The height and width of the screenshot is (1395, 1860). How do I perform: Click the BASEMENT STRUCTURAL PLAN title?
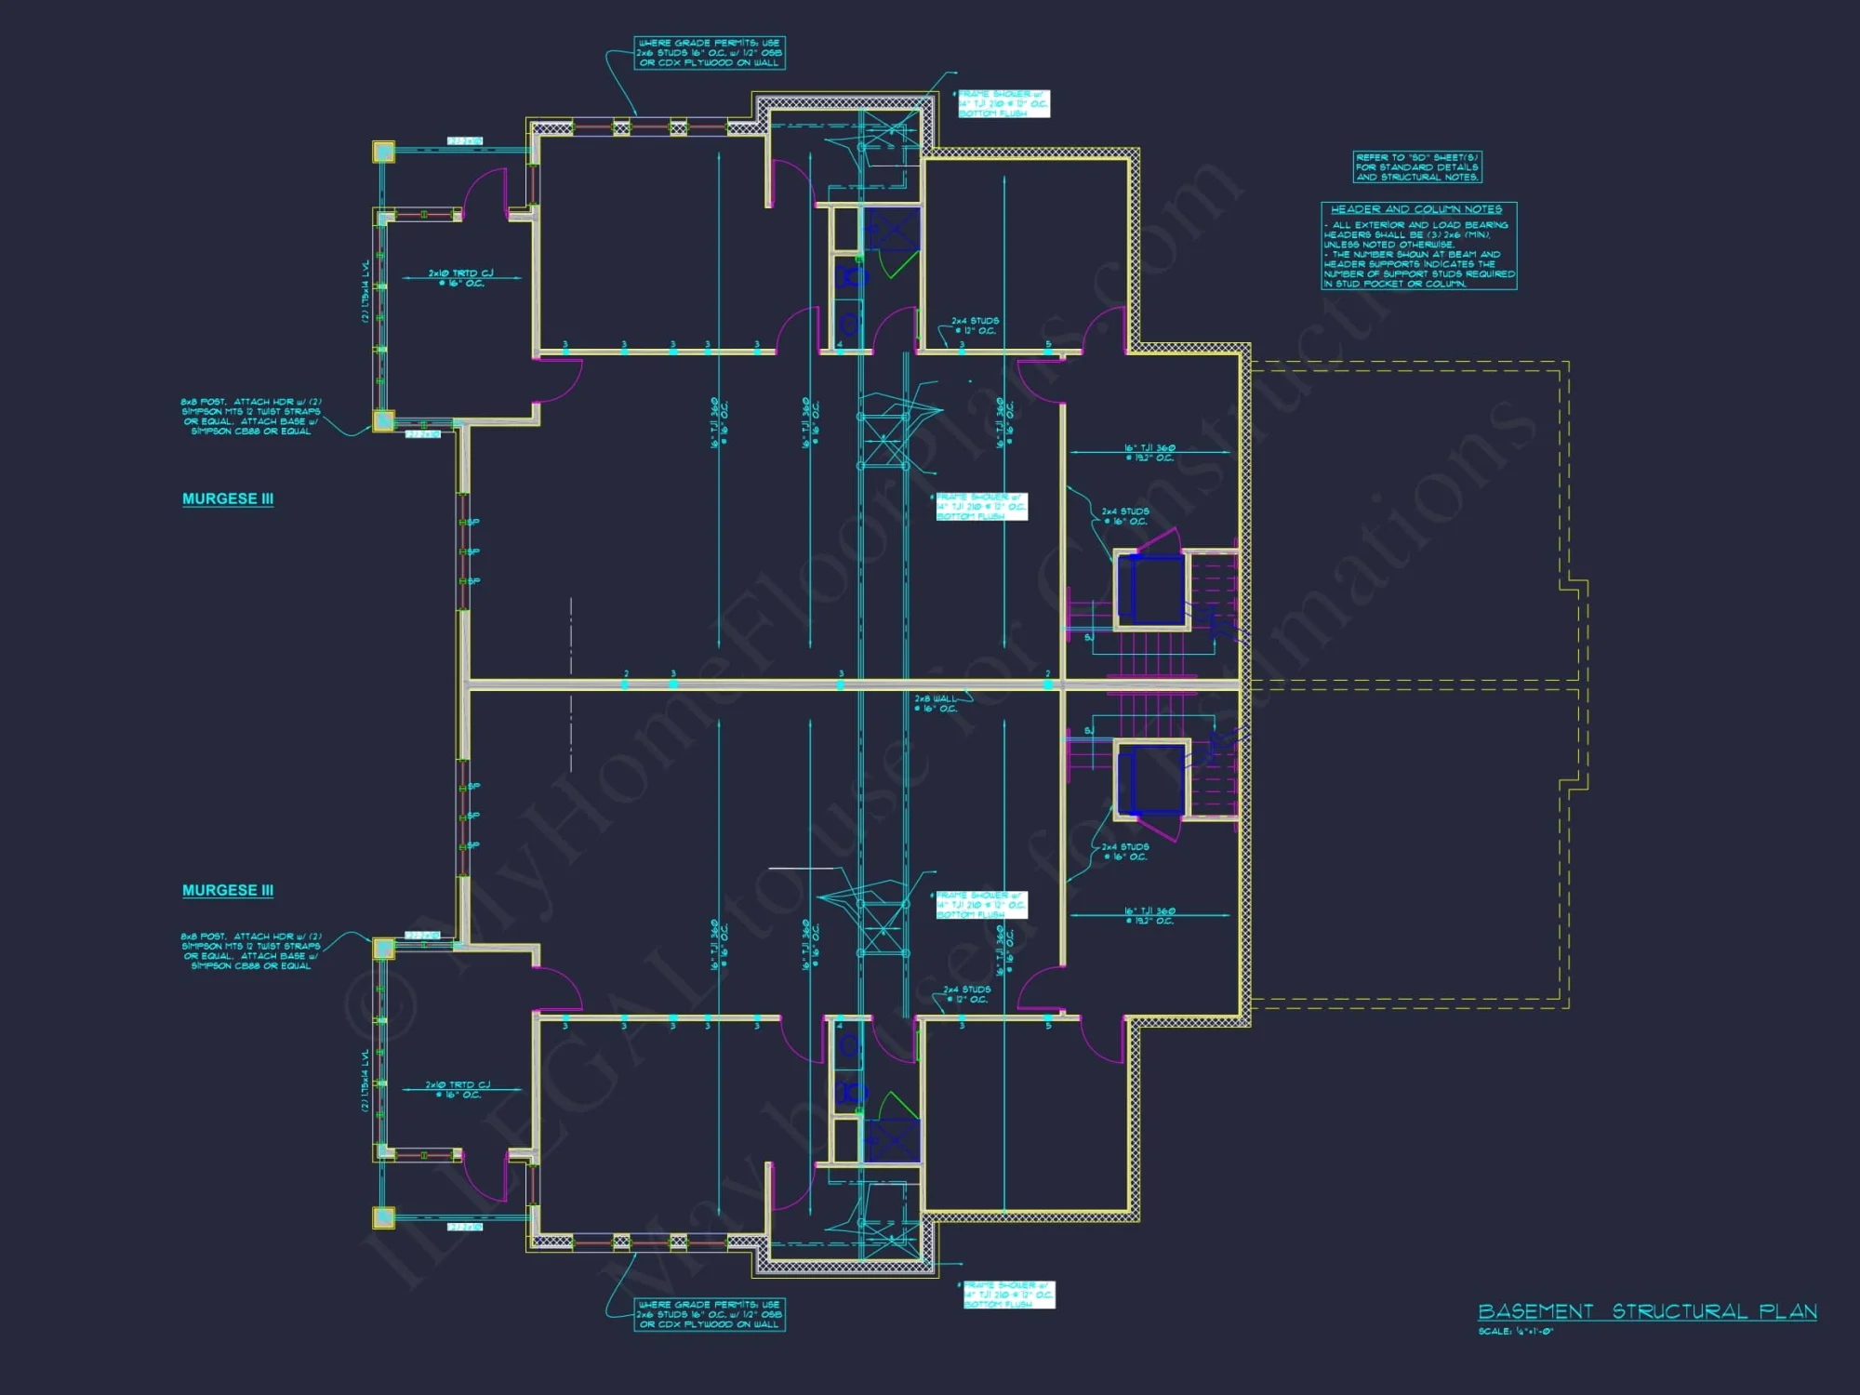tap(1646, 1311)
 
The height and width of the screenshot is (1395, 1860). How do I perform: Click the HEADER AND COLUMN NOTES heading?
tap(1415, 209)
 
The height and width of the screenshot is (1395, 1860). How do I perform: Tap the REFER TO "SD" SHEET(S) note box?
tap(1416, 167)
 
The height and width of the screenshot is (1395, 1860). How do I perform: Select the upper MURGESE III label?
tap(228, 498)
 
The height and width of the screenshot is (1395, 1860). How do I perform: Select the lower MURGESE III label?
tap(228, 890)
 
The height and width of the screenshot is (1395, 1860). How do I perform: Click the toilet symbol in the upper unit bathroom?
tap(849, 276)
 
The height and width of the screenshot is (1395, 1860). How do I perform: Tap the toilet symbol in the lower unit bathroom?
tap(849, 1093)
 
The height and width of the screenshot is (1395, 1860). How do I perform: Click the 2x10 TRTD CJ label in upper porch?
tap(460, 277)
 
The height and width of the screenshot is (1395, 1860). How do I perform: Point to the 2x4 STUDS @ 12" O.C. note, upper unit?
tap(975, 325)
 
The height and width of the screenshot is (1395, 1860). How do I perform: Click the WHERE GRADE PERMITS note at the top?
tap(709, 53)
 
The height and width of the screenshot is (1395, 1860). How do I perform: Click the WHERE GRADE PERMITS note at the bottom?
tap(709, 1314)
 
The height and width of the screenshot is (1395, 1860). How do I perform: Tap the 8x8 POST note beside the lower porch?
tap(251, 950)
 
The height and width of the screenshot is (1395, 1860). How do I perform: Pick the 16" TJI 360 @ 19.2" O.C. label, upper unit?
tap(1149, 452)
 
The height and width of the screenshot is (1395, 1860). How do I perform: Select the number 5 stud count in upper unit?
tap(1048, 344)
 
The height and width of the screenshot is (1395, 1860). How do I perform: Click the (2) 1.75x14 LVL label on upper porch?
tap(365, 291)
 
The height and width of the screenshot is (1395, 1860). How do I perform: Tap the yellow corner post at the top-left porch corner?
tap(383, 152)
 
